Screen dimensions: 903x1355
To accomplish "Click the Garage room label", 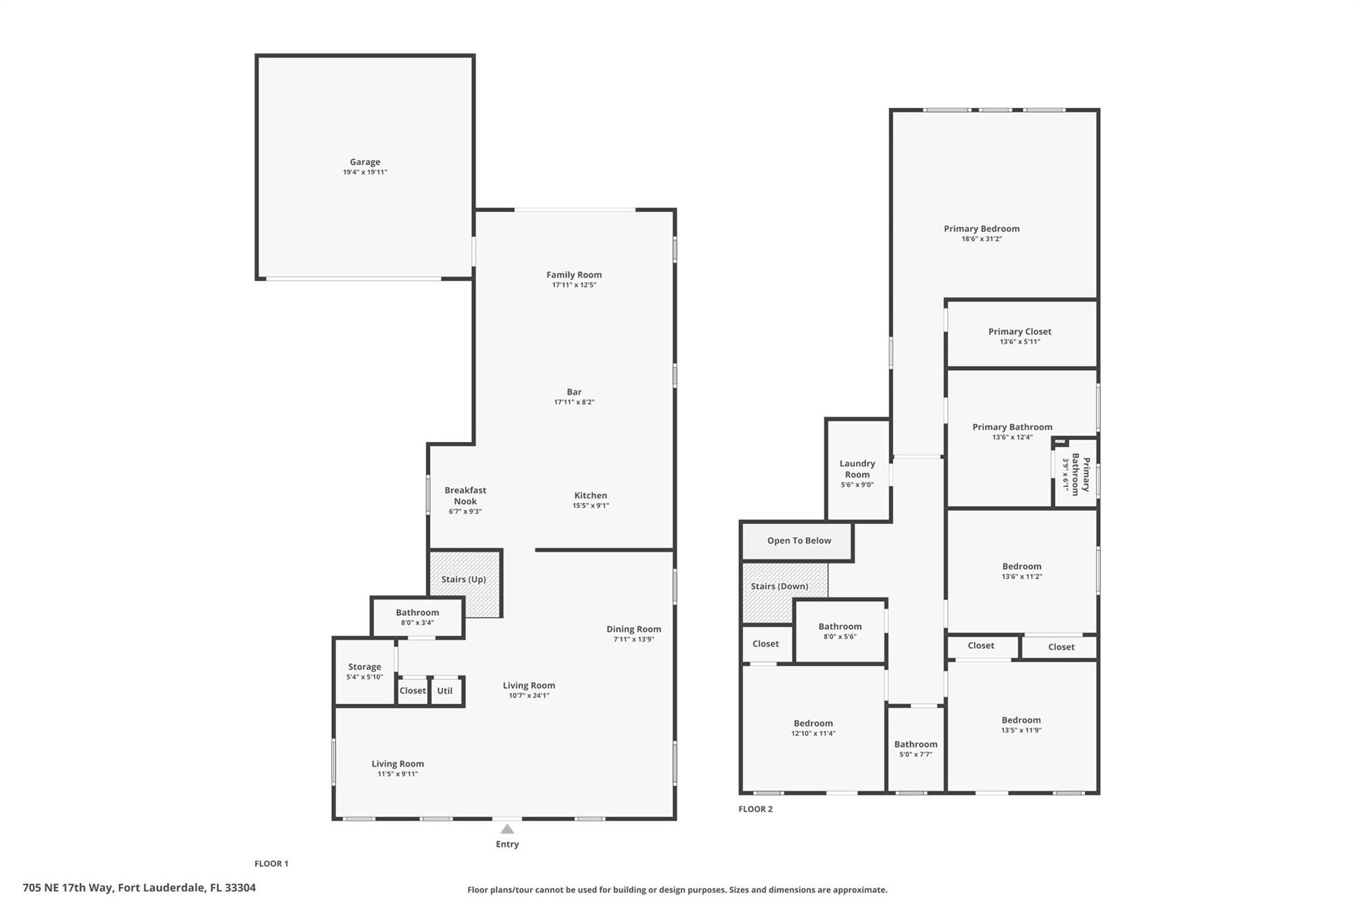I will point(365,162).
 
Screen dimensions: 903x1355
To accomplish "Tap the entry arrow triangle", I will point(507,829).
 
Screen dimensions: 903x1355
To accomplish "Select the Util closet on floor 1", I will point(445,691).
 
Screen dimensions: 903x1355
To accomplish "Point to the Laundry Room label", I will point(857,469).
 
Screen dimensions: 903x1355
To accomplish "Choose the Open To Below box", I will point(799,540).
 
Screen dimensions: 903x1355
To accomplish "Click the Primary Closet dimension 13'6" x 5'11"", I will point(1020,342).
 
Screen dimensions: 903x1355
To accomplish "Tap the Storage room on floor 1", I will point(365,671).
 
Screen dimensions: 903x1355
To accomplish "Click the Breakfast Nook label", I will point(465,495).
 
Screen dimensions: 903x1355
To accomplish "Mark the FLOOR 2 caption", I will point(755,809).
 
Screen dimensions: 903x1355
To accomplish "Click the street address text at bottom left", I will point(139,888).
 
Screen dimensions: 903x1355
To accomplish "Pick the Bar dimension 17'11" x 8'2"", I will point(574,402).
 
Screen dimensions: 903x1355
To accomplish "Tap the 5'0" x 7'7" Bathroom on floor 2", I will point(916,749).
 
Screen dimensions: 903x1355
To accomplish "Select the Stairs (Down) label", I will point(779,586).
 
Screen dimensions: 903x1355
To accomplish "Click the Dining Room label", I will point(633,629).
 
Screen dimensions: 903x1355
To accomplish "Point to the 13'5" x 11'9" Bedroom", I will point(1021,724).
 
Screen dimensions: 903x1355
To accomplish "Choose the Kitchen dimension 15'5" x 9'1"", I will point(590,506).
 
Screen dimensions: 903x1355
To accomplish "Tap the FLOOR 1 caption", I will point(271,863).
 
